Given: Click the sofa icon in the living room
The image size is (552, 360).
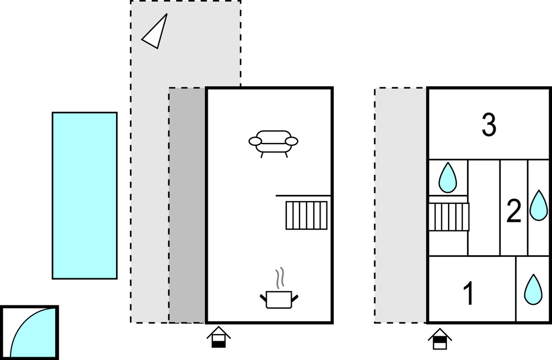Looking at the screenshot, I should [x=273, y=142].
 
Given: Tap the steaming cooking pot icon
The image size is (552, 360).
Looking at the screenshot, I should [x=279, y=299].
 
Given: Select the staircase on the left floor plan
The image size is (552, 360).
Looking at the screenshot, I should [x=306, y=215].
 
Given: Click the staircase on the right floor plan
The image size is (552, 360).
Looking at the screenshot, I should [x=449, y=217].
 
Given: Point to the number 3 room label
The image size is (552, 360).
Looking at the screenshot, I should [x=488, y=125].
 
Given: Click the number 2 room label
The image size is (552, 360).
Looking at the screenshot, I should [x=514, y=211].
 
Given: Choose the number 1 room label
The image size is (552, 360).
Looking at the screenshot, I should [x=469, y=294].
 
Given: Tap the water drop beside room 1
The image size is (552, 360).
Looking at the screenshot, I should [x=533, y=289].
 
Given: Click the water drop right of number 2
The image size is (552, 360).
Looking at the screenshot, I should [x=539, y=205].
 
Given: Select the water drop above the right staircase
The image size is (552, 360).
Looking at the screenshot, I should [x=448, y=177].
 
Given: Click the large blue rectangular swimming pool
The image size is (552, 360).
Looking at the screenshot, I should [x=85, y=195].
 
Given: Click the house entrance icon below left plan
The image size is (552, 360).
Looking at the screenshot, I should [x=219, y=337].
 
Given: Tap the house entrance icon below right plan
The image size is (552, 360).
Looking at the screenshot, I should [x=440, y=338].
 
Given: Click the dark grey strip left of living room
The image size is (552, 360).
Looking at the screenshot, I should [x=187, y=205].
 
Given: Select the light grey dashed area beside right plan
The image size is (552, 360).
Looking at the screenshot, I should [x=401, y=205].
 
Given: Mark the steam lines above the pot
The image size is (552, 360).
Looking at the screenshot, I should [x=281, y=279].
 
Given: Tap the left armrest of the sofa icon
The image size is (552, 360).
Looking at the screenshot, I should [x=255, y=141].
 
